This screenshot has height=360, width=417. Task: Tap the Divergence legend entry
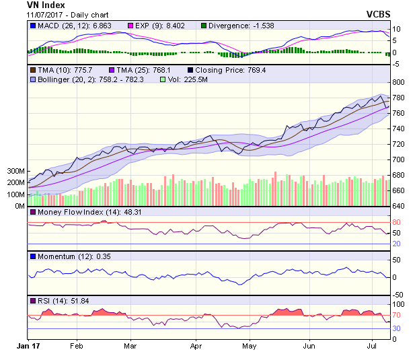pyautogui.click(x=239, y=26)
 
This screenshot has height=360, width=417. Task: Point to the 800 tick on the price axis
pyautogui.click(x=398, y=82)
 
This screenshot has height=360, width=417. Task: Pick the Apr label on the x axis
pyautogui.click(x=196, y=346)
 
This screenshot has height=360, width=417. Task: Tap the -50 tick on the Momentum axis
pyautogui.click(x=397, y=295)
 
